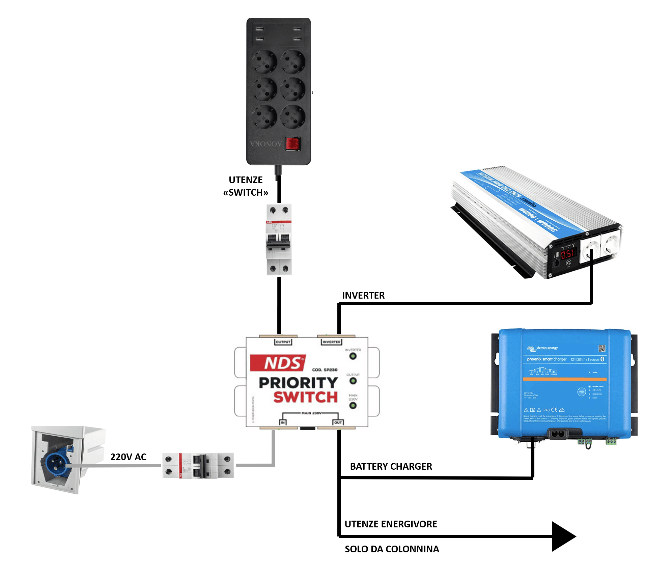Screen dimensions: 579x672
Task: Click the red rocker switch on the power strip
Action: (292, 144)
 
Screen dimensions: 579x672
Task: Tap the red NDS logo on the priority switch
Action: (278, 363)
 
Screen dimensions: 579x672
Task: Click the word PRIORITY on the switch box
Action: (298, 383)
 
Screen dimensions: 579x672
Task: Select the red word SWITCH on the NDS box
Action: (305, 397)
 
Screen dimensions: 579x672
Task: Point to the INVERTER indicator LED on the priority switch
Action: (353, 356)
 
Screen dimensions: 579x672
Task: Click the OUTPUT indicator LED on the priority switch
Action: (353, 381)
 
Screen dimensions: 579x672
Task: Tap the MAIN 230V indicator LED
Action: (353, 405)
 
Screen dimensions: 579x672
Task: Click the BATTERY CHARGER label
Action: (391, 466)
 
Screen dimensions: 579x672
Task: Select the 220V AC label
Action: (128, 457)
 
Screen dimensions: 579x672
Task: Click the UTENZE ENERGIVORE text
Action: (391, 524)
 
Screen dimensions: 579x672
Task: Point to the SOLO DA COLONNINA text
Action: (392, 549)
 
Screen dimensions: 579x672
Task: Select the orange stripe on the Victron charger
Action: (564, 379)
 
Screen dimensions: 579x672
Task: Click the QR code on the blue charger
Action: (602, 348)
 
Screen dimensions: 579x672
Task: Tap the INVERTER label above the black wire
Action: (363, 295)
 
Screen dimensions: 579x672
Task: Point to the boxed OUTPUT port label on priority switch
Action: (283, 342)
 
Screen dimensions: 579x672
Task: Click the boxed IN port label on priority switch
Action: (283, 422)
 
